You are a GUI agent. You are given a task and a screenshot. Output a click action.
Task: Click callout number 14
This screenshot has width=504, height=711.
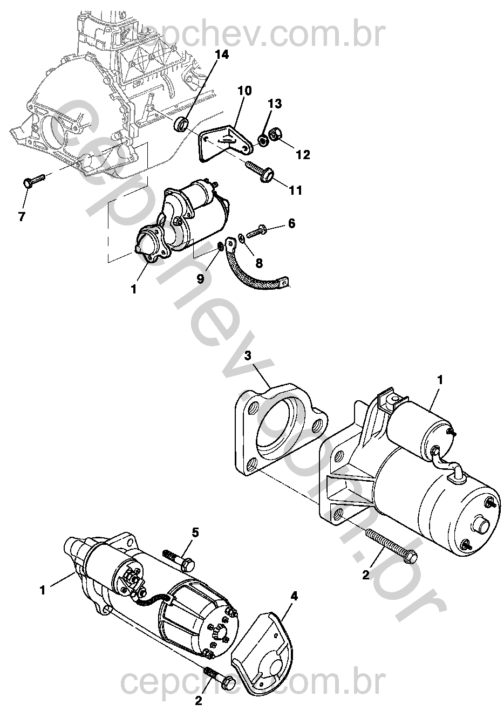[x=221, y=54]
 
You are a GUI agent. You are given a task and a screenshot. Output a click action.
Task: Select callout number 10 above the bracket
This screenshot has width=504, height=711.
[x=244, y=91]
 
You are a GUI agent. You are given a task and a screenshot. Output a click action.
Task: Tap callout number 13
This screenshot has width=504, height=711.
[x=275, y=104]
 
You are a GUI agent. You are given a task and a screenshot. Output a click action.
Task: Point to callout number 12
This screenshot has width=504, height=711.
[x=303, y=155]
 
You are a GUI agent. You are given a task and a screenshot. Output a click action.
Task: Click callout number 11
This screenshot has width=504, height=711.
[x=295, y=190]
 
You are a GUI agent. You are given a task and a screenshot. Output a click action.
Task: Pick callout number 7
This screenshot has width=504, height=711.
[x=22, y=216]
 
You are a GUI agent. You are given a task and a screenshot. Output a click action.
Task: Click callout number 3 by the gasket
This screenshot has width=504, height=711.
[x=248, y=355]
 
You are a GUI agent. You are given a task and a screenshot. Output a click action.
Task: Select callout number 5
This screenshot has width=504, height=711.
[x=195, y=532]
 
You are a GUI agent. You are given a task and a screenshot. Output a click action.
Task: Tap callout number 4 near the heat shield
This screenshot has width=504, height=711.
[x=294, y=596]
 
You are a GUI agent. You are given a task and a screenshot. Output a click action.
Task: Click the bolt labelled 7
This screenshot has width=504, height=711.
[x=32, y=181]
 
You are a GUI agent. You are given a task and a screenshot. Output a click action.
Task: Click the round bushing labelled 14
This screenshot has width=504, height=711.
[x=181, y=124]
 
